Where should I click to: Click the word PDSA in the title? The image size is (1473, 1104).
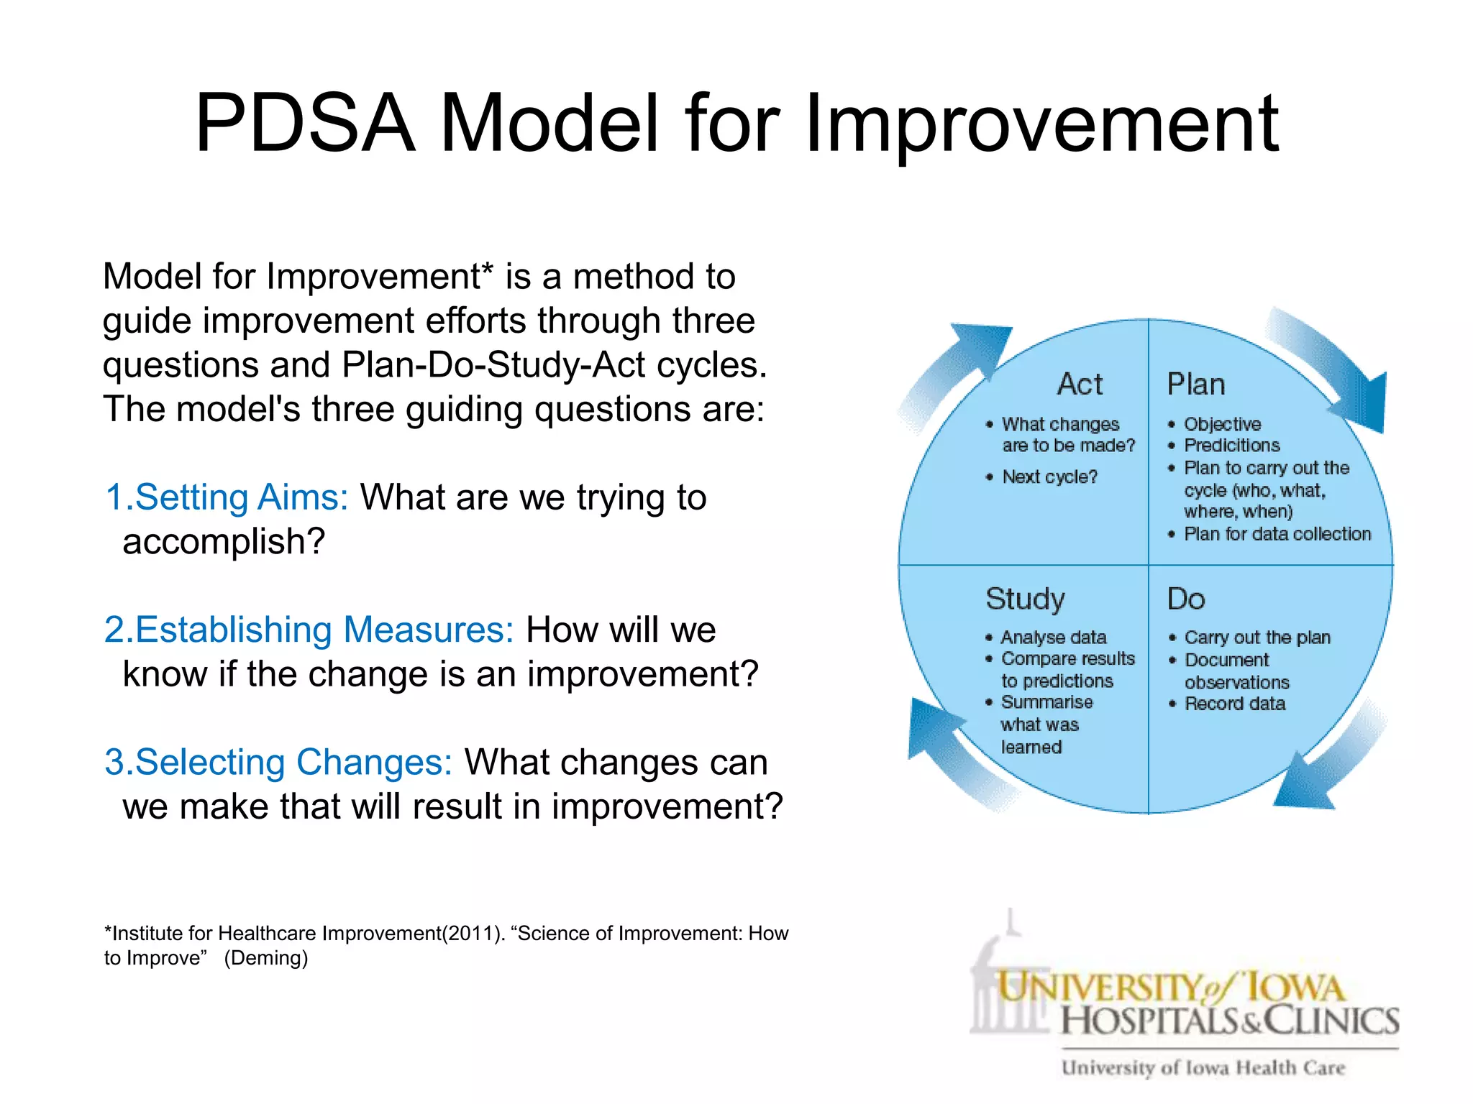[x=305, y=124]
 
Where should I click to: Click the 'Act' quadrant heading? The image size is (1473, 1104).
[x=1080, y=384]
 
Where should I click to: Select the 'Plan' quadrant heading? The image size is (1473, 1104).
[x=1195, y=384]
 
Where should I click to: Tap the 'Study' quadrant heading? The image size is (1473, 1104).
[x=1025, y=599]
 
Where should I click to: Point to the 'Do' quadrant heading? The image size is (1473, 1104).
[x=1186, y=599]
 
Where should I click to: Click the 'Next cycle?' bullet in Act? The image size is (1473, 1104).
[x=1049, y=477]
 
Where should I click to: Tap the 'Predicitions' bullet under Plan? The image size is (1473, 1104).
[x=1231, y=445]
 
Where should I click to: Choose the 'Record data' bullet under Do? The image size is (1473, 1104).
[x=1234, y=704]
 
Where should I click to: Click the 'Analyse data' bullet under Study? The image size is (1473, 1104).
[x=1053, y=638]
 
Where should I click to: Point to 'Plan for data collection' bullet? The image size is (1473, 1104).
[x=1277, y=534]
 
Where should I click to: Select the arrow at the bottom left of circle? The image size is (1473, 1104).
[x=949, y=747]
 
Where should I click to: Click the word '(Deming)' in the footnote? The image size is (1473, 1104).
[x=265, y=958]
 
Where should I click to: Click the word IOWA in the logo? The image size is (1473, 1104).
[x=1295, y=988]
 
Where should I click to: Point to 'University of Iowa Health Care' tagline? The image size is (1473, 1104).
[x=1203, y=1068]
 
